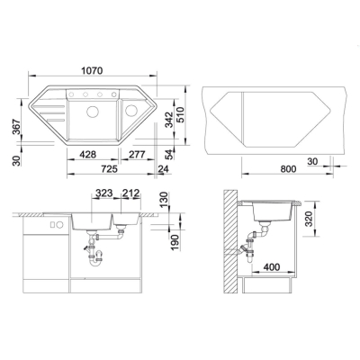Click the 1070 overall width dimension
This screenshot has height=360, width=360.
click(92, 71)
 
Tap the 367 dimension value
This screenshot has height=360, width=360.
click(17, 127)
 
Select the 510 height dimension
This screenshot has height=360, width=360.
click(180, 115)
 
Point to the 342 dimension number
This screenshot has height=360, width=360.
click(169, 120)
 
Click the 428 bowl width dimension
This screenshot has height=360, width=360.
click(87, 155)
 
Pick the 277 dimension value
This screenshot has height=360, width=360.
click(137, 155)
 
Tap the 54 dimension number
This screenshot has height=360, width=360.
click(169, 154)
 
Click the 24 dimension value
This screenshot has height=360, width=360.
click(164, 169)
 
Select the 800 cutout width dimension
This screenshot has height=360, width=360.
click(288, 169)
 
